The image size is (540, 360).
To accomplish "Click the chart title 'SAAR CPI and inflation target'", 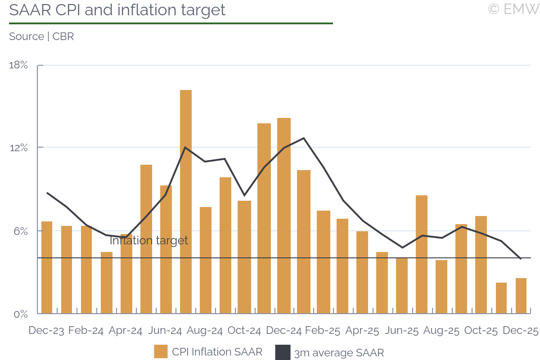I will (x=117, y=10).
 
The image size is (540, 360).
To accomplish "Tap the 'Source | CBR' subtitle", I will (x=41, y=37).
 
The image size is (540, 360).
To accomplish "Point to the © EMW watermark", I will (x=513, y=9).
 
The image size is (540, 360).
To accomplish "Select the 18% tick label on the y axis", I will (x=18, y=65).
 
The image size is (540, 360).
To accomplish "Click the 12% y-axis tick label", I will (x=18, y=148).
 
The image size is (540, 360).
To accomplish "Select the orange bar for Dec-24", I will (x=284, y=216).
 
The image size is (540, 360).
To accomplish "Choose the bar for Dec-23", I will (x=47, y=267).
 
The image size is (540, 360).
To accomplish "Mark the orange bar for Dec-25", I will (x=521, y=296).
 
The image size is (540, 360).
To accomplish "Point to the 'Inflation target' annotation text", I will (x=149, y=241).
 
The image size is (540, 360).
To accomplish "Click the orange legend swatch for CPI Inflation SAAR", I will (x=161, y=352).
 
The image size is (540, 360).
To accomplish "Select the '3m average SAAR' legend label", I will (x=339, y=353).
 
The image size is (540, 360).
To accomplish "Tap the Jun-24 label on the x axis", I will (x=165, y=331).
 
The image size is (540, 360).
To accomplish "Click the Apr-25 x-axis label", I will (x=363, y=331).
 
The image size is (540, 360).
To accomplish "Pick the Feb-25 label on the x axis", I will (x=323, y=331).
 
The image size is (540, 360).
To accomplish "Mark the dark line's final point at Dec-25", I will (x=521, y=259).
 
